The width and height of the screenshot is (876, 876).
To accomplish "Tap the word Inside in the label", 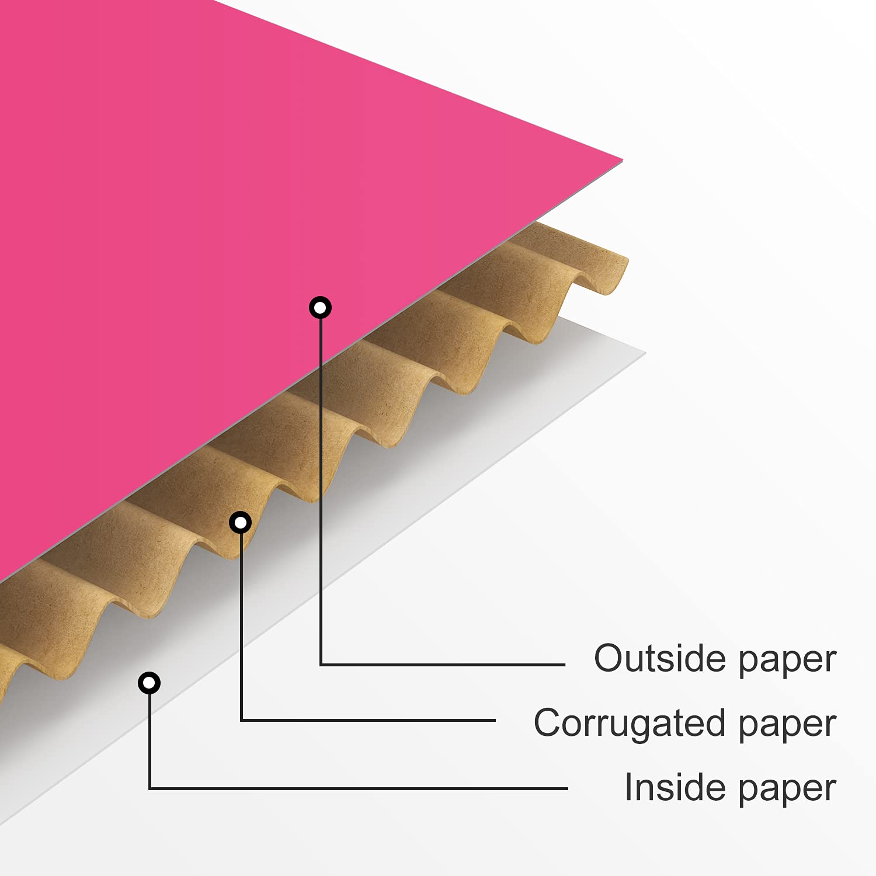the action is [x=677, y=787].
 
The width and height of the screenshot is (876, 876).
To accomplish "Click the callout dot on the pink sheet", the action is [x=320, y=307].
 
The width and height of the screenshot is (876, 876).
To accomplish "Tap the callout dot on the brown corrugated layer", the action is [x=241, y=523].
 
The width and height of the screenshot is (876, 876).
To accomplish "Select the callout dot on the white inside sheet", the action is [x=150, y=683].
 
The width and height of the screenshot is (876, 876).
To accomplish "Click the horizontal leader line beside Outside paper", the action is [x=443, y=665].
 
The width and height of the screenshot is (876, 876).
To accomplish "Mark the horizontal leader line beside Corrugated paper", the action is [x=368, y=720].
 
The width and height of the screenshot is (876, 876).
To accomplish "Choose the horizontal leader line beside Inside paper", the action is [x=359, y=788].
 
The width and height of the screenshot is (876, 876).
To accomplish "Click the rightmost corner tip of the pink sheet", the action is [x=623, y=159].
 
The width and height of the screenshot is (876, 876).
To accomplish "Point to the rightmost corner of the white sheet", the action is [x=645, y=352].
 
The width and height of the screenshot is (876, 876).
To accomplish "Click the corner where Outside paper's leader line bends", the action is [x=321, y=665].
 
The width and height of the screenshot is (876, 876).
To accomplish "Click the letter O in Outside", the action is [x=609, y=659].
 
